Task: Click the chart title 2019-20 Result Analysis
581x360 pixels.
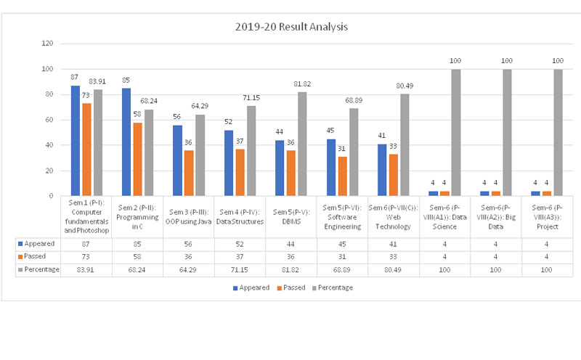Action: click(291, 27)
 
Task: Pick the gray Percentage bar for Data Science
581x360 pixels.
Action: click(456, 132)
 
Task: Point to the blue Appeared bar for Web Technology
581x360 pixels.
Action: click(383, 170)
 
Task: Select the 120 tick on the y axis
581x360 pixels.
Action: click(48, 44)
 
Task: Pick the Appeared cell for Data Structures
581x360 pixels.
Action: click(240, 245)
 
